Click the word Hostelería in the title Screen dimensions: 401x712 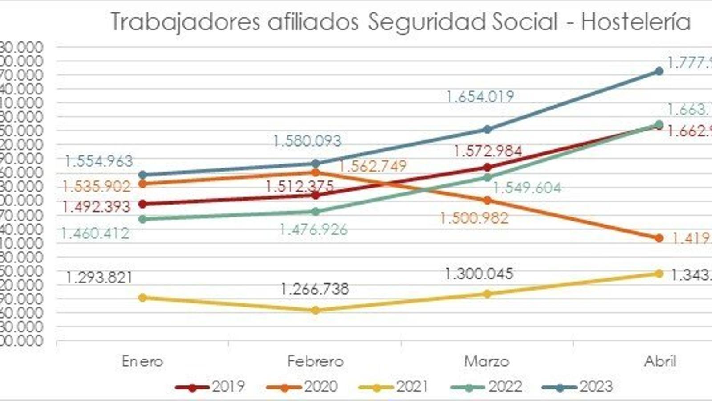click(635, 21)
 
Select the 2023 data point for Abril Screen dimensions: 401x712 click(659, 71)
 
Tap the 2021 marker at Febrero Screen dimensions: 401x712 click(316, 310)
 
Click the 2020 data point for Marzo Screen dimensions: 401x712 click(487, 200)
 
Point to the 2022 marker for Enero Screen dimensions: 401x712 click(143, 219)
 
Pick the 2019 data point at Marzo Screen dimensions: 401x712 click(487, 168)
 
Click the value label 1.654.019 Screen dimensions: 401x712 click(480, 97)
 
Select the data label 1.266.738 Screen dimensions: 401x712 click(315, 289)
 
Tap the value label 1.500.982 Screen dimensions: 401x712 click(474, 218)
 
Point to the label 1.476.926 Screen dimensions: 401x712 click(313, 230)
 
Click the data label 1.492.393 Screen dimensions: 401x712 click(96, 207)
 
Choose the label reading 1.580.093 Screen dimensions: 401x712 click(307, 141)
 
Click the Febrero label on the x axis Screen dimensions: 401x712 click(315, 361)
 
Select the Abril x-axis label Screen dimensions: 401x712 click(660, 361)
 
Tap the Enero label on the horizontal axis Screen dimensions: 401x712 click(142, 361)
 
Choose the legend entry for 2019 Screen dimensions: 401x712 click(210, 386)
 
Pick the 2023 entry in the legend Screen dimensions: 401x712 click(578, 386)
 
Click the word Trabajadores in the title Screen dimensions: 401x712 click(185, 21)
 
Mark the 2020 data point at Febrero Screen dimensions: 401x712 click(316, 172)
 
